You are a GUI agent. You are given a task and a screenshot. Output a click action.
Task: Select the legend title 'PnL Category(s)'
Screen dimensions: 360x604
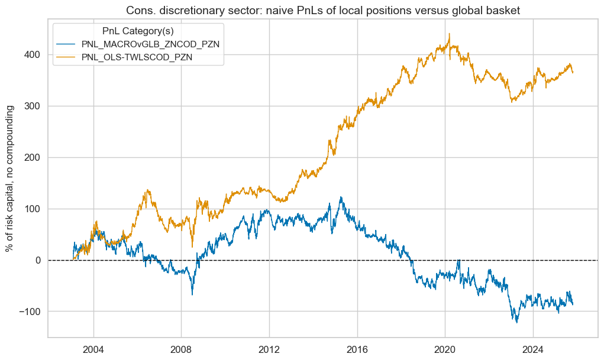(138, 31)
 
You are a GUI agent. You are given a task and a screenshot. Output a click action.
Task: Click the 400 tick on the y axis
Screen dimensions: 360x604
(33, 55)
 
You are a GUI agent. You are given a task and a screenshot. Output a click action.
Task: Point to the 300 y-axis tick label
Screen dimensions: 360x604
(33, 106)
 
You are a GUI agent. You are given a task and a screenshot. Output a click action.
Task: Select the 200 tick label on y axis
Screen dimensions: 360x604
(33, 157)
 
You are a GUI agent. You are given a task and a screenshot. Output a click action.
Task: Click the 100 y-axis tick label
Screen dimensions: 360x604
(33, 209)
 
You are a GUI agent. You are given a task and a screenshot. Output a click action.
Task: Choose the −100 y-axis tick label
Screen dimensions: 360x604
(31, 312)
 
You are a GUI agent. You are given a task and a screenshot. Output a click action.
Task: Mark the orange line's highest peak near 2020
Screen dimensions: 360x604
(450, 34)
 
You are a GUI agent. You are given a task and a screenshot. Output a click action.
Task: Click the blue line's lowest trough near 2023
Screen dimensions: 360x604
(516, 322)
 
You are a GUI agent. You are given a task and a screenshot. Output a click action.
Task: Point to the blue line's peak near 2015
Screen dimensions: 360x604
(341, 197)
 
